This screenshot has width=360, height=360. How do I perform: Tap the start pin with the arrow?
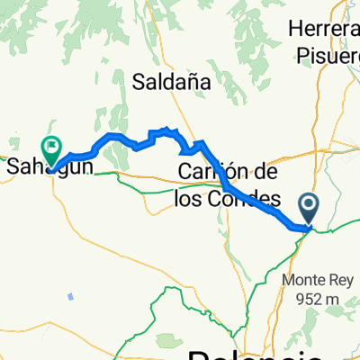(x=309, y=210)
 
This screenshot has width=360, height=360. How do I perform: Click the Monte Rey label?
(x=319, y=280)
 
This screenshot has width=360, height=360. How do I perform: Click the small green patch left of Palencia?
(x=166, y=341)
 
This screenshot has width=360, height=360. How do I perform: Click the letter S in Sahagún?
(x=13, y=166)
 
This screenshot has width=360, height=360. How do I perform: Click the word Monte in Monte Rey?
(x=305, y=280)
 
